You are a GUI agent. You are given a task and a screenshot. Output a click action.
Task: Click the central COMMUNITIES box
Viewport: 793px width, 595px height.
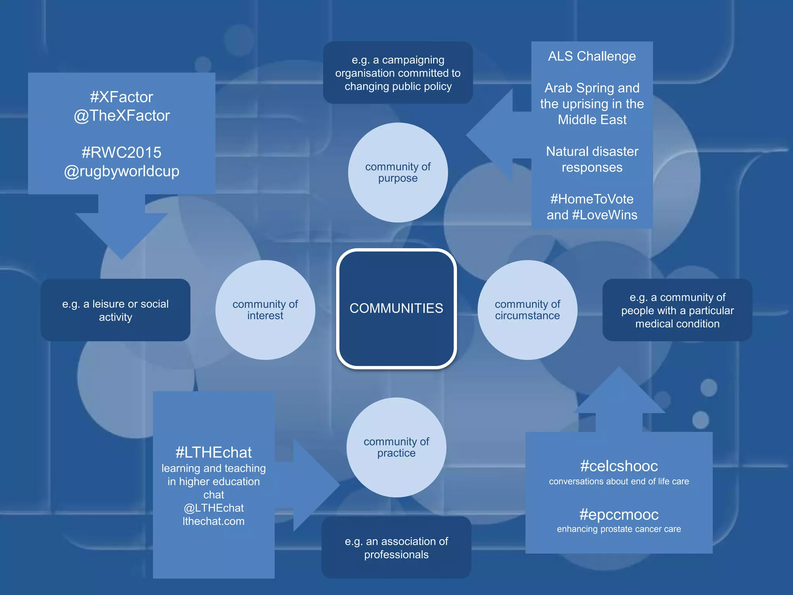(x=396, y=308)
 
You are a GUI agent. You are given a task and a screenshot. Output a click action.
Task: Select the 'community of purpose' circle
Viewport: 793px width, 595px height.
(x=398, y=172)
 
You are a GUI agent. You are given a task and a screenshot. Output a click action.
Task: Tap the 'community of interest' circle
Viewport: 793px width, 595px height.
(x=265, y=310)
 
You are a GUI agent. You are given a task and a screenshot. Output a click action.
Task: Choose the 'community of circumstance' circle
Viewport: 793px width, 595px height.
(x=527, y=310)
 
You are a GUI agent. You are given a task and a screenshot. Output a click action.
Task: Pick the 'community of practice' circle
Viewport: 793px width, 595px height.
(x=396, y=447)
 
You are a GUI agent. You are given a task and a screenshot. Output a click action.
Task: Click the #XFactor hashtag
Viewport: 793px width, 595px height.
(x=122, y=97)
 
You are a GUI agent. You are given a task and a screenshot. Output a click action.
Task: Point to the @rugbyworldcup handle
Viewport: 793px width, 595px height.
(x=122, y=171)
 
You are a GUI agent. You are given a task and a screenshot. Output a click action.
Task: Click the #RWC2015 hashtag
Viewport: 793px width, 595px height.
(x=122, y=153)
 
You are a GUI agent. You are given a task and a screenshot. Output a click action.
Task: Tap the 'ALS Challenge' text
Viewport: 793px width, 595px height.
(x=592, y=57)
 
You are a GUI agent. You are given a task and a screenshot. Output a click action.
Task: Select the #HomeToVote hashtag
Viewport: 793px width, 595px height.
(x=592, y=199)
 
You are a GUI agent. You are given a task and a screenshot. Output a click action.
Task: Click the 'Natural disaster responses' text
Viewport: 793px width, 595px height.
(x=592, y=159)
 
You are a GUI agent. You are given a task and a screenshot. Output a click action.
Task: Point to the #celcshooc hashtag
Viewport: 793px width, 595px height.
(x=619, y=466)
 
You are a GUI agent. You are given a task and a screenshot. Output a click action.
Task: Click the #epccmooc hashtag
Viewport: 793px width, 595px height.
(x=619, y=514)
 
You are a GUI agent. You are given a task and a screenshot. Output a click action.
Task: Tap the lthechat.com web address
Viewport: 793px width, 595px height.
(x=213, y=521)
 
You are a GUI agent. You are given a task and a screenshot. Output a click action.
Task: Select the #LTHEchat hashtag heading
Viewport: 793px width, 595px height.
(x=213, y=452)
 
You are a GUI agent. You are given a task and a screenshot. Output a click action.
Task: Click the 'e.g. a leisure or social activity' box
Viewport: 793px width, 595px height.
(x=115, y=310)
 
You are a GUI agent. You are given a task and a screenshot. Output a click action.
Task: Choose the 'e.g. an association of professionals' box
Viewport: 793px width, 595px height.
(x=396, y=548)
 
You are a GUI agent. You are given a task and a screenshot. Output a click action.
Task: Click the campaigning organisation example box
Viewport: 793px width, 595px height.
(x=398, y=73)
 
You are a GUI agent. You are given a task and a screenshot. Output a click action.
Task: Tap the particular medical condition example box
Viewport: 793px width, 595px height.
(x=677, y=310)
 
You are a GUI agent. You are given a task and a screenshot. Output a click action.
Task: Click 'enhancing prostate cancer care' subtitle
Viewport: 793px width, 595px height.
(x=619, y=529)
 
